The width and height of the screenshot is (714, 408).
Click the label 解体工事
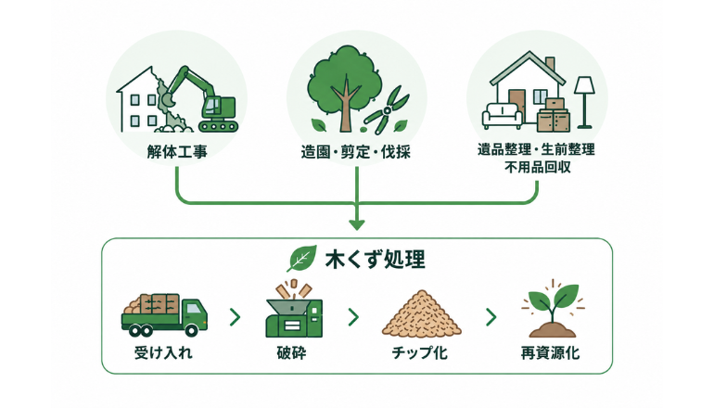(177, 151)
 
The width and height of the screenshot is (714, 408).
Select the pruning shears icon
(386, 110)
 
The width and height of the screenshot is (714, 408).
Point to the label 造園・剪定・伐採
(356, 152)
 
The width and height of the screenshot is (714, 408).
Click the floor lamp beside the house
(584, 102)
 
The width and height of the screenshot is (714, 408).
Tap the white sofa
(503, 116)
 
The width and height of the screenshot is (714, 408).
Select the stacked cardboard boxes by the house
(554, 115)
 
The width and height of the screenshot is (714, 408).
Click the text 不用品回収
(537, 167)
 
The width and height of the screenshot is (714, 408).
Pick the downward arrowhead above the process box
(357, 224)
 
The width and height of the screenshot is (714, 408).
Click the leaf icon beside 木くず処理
(301, 258)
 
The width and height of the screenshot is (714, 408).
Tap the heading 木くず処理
(376, 260)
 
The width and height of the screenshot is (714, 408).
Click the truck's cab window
(194, 308)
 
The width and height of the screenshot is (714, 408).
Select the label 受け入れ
(163, 353)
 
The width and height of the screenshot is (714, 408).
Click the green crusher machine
(294, 318)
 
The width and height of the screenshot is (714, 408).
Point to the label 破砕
(291, 353)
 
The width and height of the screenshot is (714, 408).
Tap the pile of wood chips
(422, 313)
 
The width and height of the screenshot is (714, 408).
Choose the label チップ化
(419, 353)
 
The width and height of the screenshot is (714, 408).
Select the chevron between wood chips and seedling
(491, 317)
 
